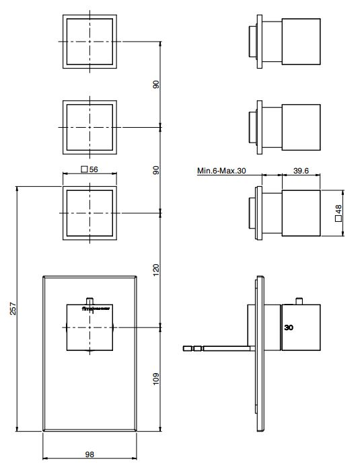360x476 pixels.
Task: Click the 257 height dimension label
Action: (12, 309)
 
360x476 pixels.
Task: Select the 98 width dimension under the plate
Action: (89, 454)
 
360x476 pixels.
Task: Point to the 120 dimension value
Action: (156, 270)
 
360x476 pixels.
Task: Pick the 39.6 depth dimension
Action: (301, 171)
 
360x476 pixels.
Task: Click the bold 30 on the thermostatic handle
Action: (289, 328)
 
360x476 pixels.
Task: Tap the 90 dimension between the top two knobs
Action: (156, 85)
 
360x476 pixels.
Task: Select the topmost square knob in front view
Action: (89, 42)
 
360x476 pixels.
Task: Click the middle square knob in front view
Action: (89, 127)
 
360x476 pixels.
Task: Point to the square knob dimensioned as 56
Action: (89, 212)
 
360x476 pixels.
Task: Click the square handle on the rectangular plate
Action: (89, 327)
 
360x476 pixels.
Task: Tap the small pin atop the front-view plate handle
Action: (89, 300)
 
